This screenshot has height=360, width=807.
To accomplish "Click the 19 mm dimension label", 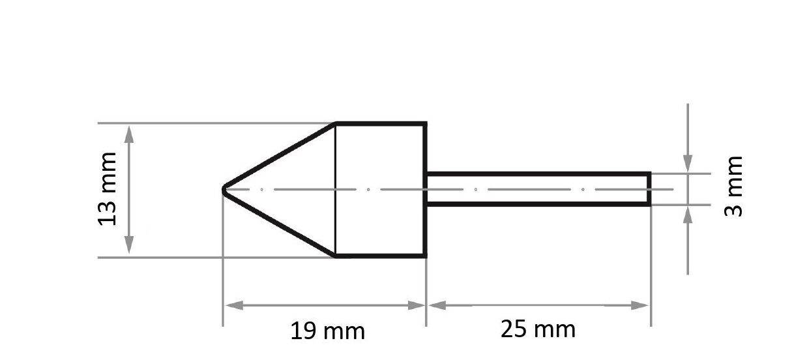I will pos(327,331).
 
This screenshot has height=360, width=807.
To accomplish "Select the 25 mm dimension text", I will pos(538,329).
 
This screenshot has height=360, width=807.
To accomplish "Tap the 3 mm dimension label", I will pos(734,187).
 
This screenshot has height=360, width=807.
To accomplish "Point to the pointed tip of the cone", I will pos(224,190).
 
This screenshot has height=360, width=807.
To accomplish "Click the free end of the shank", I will pos(649,189).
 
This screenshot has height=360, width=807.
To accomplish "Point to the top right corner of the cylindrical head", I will pos(426,123).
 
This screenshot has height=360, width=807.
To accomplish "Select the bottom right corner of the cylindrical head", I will pos(426,256).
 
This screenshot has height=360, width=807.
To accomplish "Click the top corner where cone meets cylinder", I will pos(335,123).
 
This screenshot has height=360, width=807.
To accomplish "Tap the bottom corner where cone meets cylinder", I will pos(335,256).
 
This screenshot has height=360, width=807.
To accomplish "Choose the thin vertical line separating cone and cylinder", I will pos(335,215).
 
